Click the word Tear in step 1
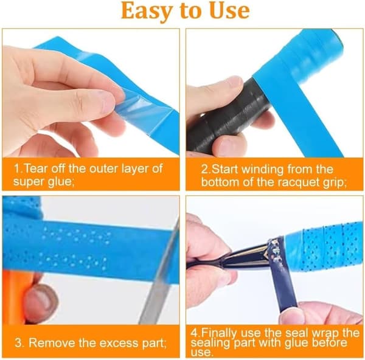(36, 168)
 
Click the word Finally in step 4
(219, 333)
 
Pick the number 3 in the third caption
(19, 343)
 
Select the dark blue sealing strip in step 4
(282, 275)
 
